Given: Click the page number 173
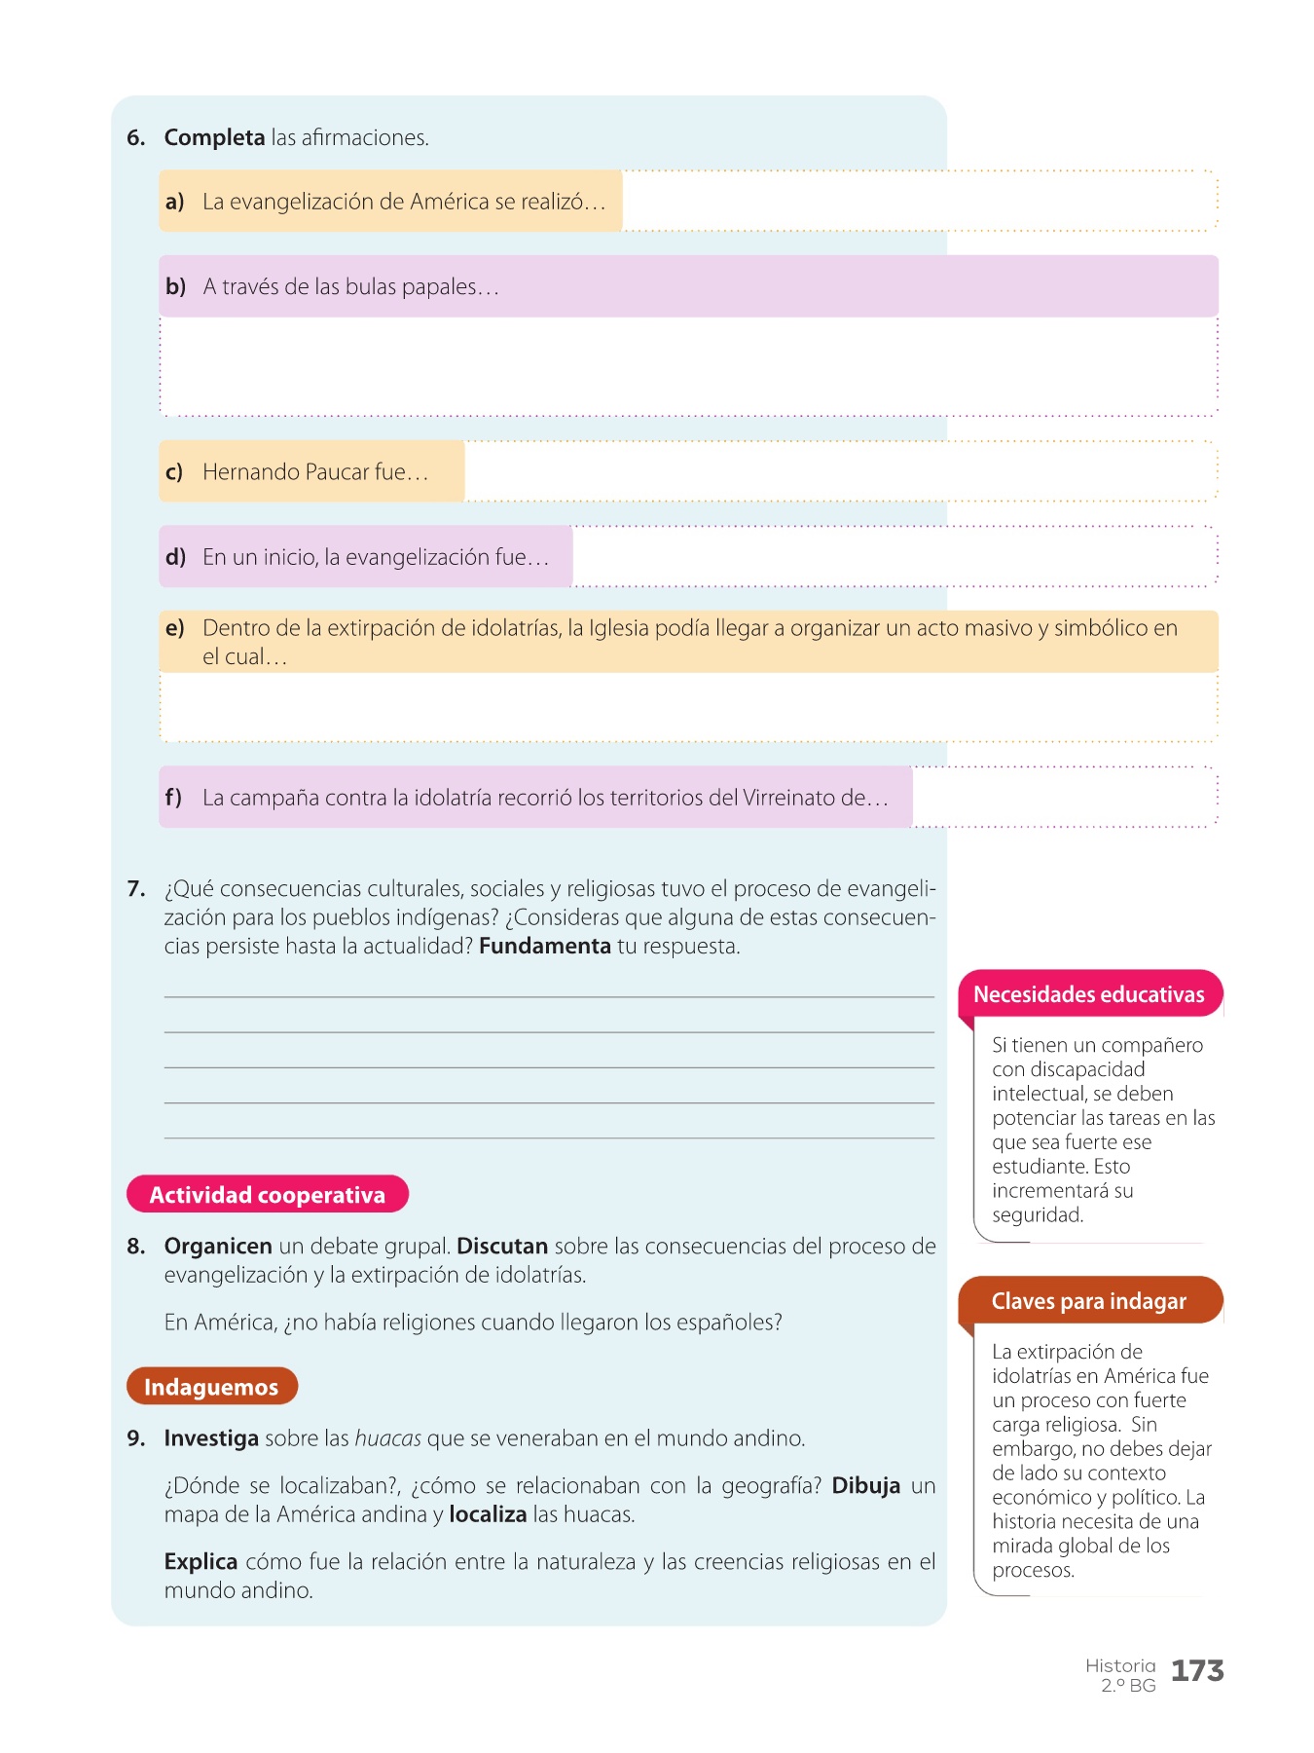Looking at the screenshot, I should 1197,1671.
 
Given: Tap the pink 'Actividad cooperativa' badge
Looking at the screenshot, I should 267,1195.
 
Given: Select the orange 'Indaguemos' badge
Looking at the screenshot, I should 211,1387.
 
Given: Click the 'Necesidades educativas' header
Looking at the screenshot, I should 1088,994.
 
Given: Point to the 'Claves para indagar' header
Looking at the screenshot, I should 1088,1301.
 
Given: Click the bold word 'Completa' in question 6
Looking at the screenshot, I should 214,137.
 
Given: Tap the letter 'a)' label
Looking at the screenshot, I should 175,202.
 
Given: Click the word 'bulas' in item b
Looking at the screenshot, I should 371,287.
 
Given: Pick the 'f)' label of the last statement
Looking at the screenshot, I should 173,798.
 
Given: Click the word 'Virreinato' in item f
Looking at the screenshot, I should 789,798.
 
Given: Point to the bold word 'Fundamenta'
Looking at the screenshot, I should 545,947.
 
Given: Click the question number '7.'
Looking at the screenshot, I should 136,889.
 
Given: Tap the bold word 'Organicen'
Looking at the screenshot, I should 218,1247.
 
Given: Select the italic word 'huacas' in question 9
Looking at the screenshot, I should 387,1438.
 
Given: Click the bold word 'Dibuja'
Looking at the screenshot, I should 865,1486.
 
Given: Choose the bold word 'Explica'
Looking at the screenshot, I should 201,1562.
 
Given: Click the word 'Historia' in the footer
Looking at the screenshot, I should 1120,1665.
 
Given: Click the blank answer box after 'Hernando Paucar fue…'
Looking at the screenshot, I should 839,472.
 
